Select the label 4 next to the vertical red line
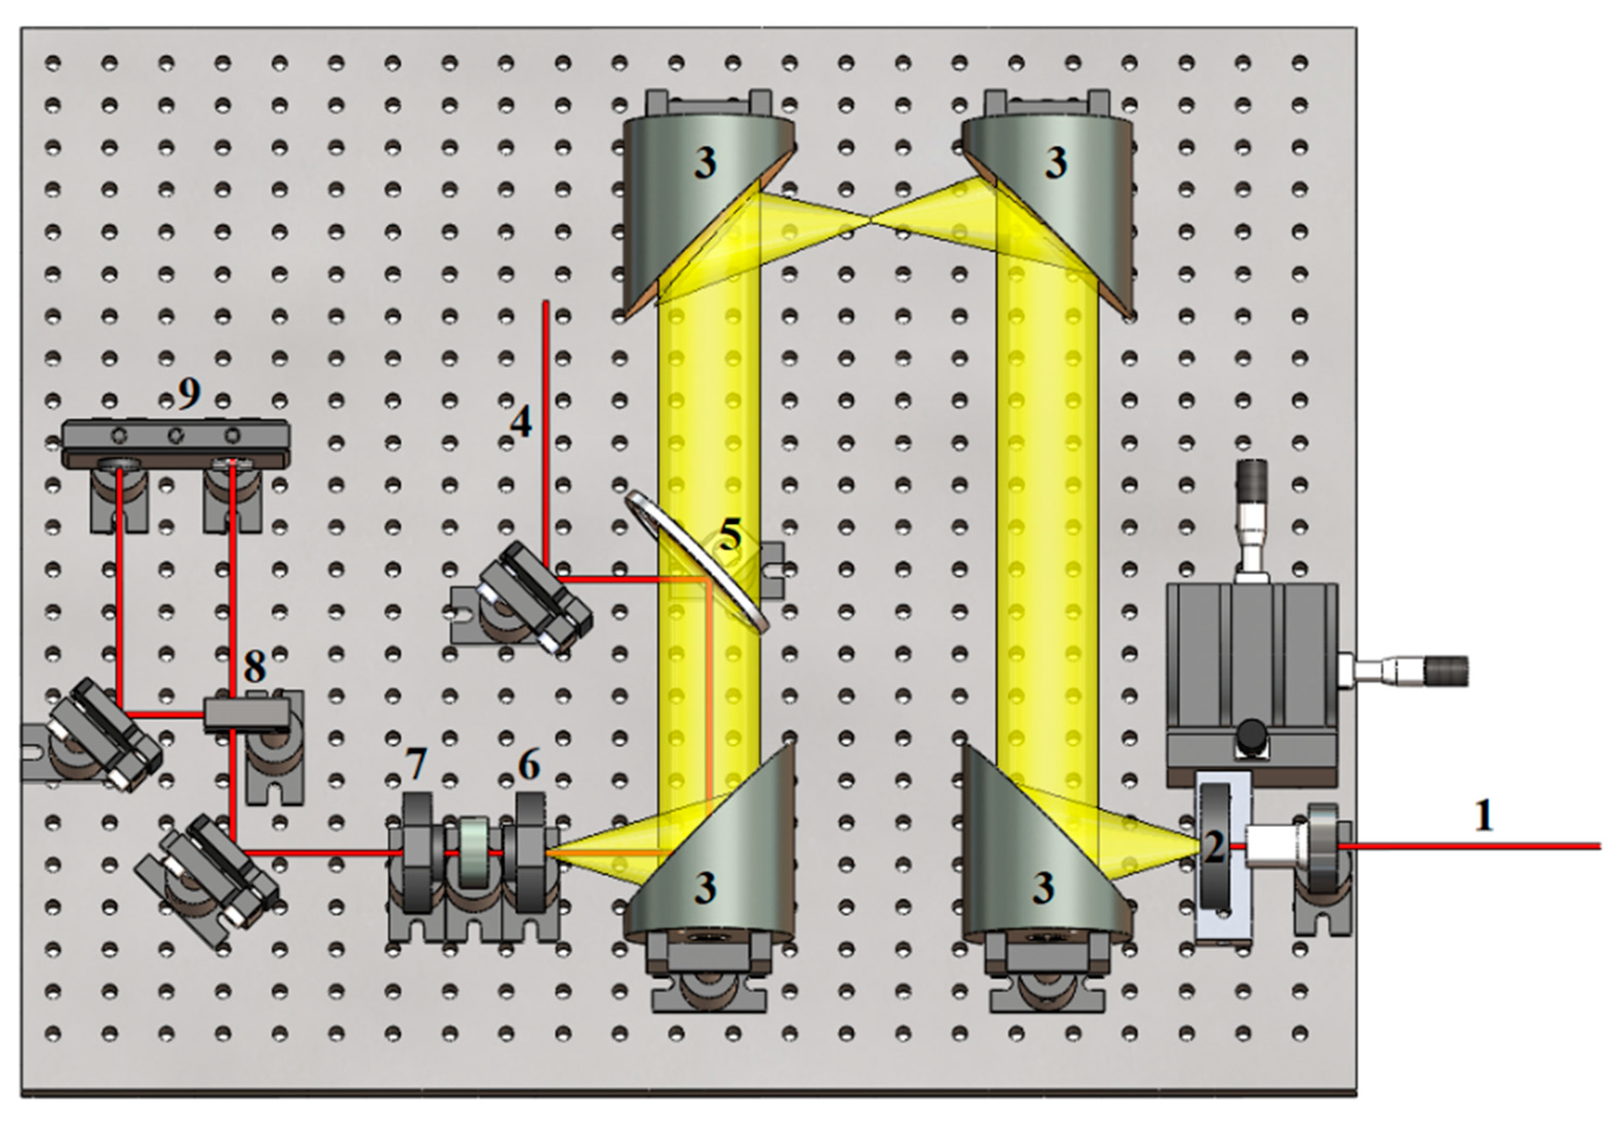(521, 422)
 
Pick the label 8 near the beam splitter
(255, 667)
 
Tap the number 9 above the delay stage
(189, 394)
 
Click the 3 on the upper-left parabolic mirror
(705, 163)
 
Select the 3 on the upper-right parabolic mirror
(1055, 163)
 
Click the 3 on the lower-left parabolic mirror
(705, 888)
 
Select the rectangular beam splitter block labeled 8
(246, 715)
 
